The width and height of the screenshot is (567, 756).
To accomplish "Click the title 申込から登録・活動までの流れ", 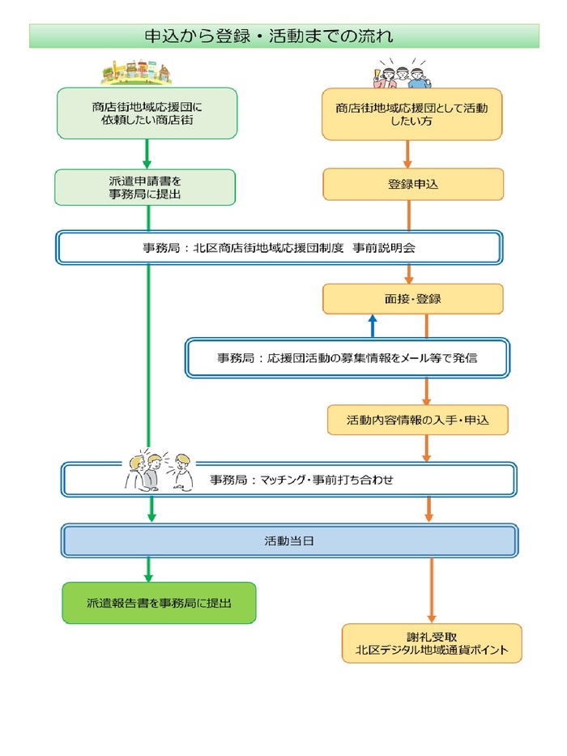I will click(x=268, y=36).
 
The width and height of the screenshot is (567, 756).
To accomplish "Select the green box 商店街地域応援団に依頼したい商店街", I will click(x=147, y=113).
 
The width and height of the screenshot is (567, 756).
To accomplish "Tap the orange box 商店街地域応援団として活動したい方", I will click(x=412, y=114).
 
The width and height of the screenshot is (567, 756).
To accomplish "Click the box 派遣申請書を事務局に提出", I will click(x=145, y=187).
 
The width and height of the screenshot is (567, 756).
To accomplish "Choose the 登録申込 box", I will click(x=413, y=184).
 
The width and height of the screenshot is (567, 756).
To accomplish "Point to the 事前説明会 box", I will click(x=279, y=248).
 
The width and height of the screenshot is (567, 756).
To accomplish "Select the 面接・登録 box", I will click(x=413, y=298).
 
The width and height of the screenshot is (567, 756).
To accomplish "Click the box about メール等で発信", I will click(x=347, y=357).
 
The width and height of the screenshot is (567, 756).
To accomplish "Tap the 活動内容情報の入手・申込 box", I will click(x=417, y=420).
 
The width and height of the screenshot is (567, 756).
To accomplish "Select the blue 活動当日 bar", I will click(x=290, y=540).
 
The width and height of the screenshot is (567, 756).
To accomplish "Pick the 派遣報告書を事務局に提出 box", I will click(x=159, y=603).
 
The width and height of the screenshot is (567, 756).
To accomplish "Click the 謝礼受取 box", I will click(x=432, y=643).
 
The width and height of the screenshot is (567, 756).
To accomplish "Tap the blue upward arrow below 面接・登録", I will click(x=373, y=326).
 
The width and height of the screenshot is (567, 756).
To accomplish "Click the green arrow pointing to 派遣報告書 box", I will click(x=149, y=570).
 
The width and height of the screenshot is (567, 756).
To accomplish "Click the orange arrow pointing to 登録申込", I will click(x=408, y=154).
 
